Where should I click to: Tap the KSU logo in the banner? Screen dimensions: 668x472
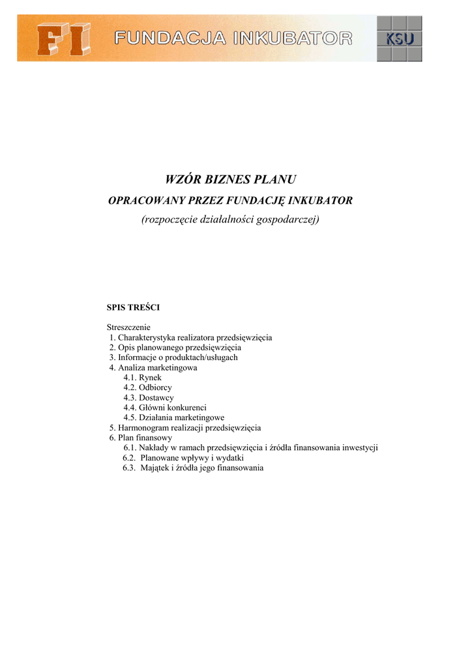coord(399,39)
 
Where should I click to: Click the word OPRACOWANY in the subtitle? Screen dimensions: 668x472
coord(141,200)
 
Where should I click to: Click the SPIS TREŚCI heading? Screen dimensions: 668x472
coord(133,307)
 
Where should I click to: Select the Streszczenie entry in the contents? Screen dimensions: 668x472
coord(128,326)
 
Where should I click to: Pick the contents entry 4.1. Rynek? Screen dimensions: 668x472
coord(142,377)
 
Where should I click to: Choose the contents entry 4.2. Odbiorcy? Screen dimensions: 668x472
coord(147,387)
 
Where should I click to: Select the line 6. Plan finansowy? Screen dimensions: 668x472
coord(141,438)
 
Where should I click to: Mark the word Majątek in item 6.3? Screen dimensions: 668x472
coord(155,468)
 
